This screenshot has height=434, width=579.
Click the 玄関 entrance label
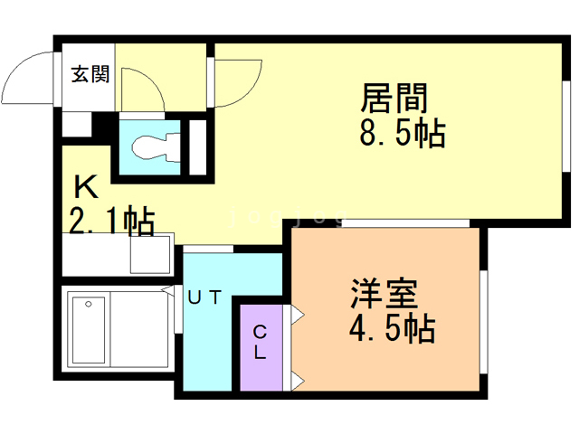(x=90, y=74)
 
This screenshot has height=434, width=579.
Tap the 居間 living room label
(x=395, y=97)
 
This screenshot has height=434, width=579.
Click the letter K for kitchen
(x=87, y=188)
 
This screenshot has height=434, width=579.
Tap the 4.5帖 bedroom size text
(x=391, y=327)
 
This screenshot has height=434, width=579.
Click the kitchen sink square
(x=150, y=252)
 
